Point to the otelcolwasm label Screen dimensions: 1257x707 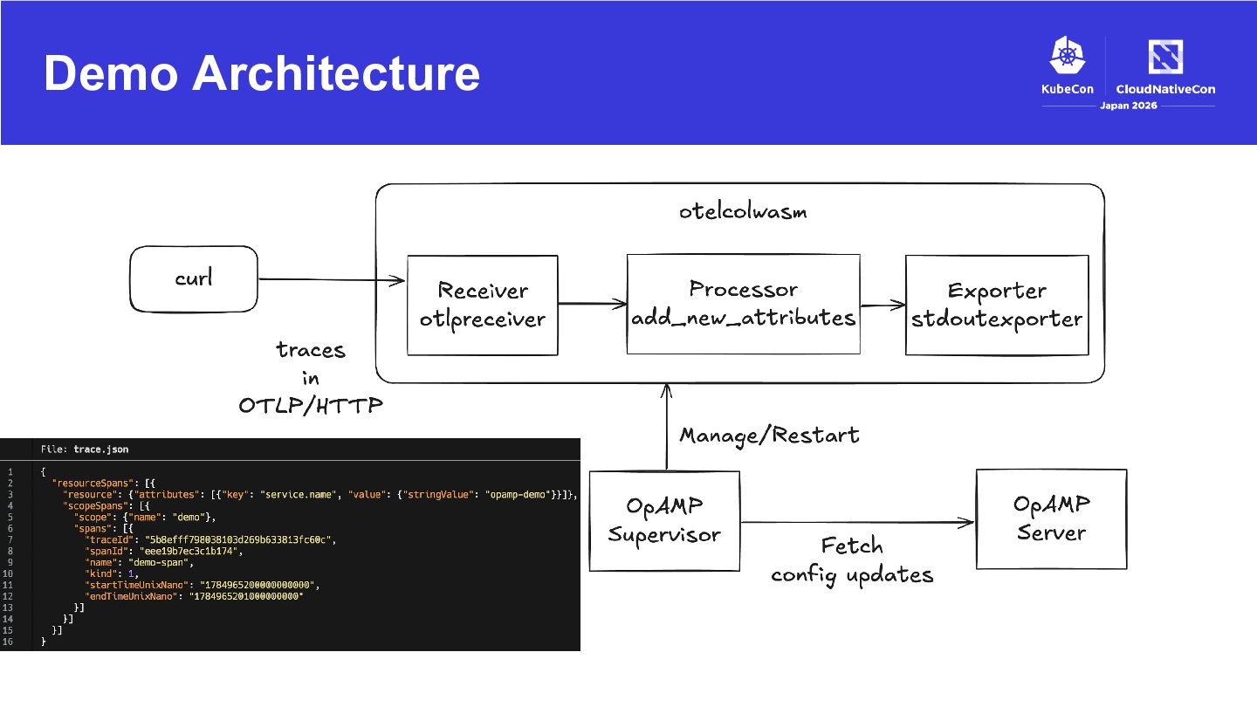743,211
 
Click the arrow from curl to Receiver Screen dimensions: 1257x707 332,279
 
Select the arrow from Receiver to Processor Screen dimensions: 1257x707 593,304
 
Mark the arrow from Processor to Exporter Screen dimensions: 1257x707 883,305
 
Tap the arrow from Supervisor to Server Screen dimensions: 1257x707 857,522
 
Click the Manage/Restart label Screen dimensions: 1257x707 769,436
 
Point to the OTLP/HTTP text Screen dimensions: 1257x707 311,405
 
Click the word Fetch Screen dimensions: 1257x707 852,546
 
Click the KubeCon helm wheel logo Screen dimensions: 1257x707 1068,55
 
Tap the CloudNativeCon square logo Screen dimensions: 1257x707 1165,56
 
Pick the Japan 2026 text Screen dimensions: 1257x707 1129,106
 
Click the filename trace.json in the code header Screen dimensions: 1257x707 101,450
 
